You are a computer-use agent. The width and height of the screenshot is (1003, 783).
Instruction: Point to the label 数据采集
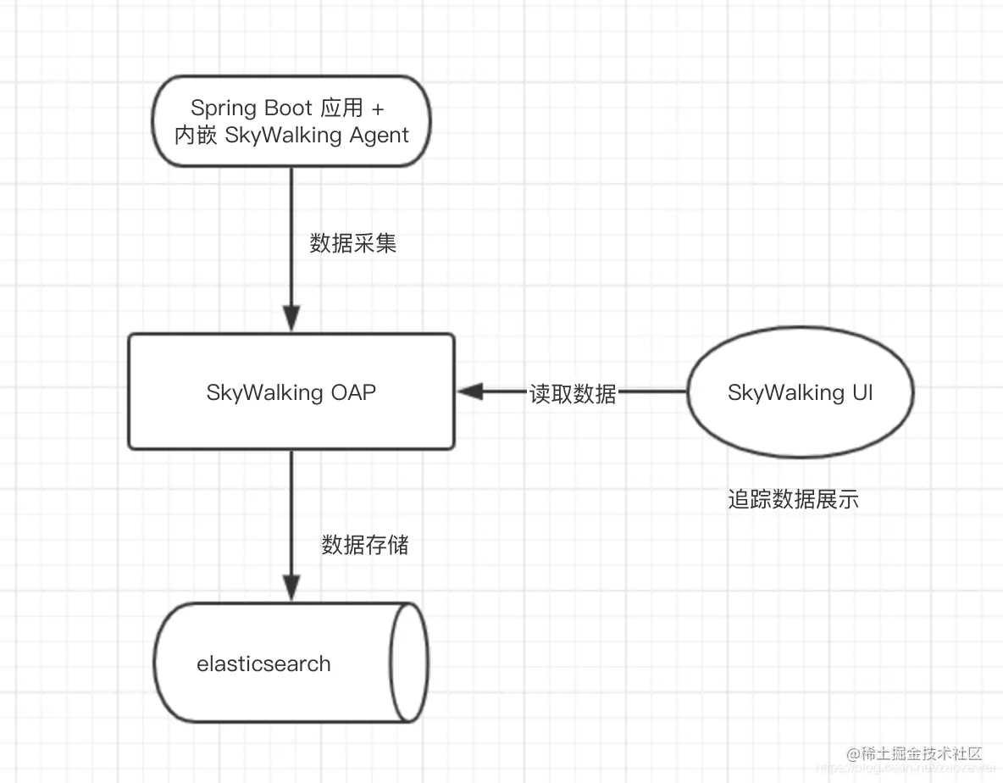[353, 244]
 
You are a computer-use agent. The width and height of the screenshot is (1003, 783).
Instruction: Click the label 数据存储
[365, 545]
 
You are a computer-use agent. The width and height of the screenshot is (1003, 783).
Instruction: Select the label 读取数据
[573, 393]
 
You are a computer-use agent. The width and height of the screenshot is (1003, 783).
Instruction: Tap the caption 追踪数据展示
[793, 499]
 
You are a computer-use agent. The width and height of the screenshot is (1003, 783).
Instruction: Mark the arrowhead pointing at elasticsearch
[291, 587]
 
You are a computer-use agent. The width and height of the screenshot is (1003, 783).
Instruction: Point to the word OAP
[352, 392]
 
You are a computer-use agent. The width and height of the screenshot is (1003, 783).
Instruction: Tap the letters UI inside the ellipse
[861, 392]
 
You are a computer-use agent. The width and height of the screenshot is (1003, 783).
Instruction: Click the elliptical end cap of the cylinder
[408, 662]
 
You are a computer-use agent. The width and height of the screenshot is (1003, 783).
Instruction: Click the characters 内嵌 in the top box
[197, 136]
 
